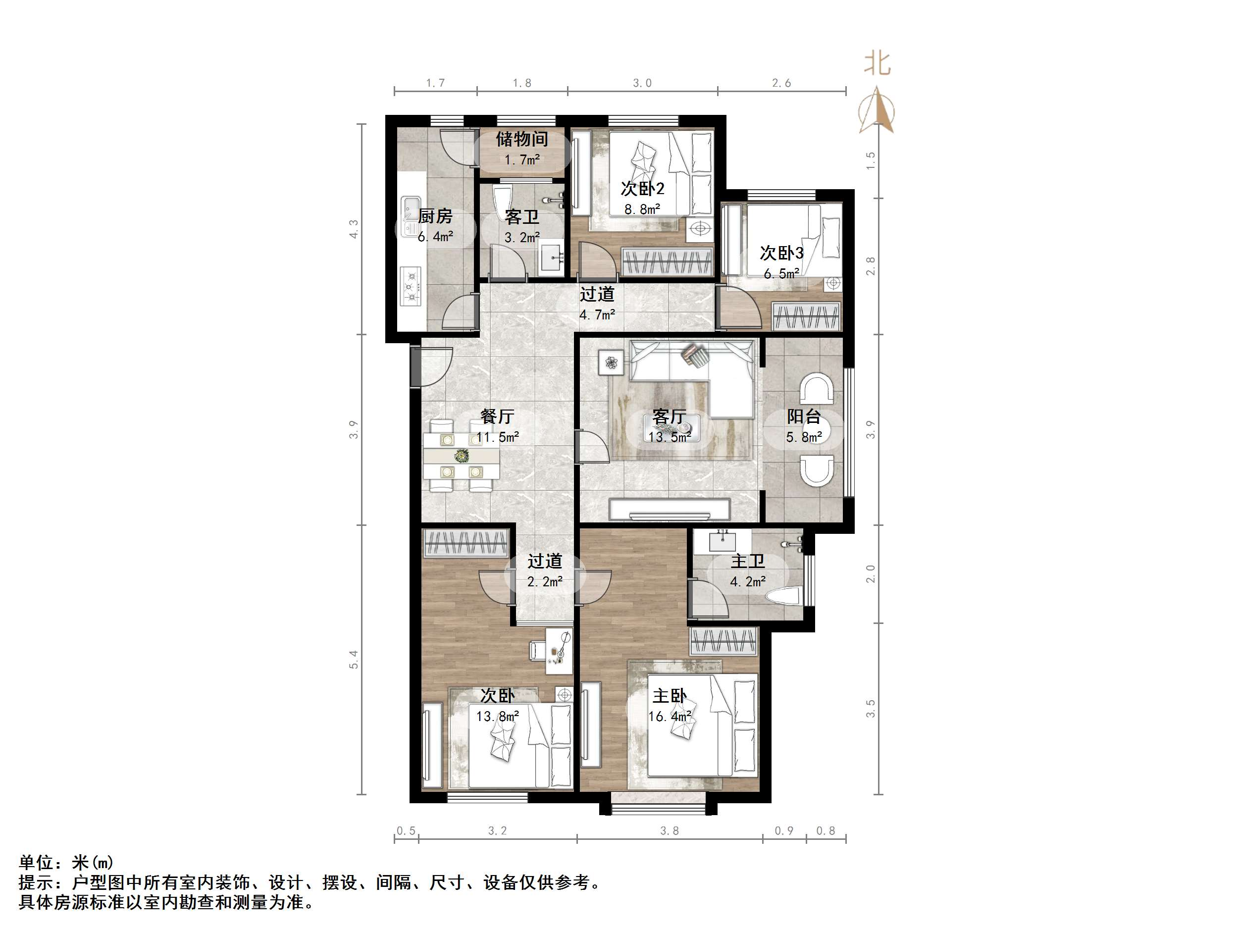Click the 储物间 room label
pos(521,139)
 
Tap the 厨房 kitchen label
pos(435,216)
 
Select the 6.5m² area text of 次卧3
pos(781,274)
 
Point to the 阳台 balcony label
pos(803,416)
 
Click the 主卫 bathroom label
pos(747,561)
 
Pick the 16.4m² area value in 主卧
pos(670,717)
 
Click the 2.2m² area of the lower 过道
pos(544,582)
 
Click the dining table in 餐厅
pos(461,456)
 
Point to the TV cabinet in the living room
pos(670,510)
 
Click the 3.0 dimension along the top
pos(642,83)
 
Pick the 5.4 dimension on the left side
pos(353,659)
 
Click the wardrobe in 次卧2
pos(667,262)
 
